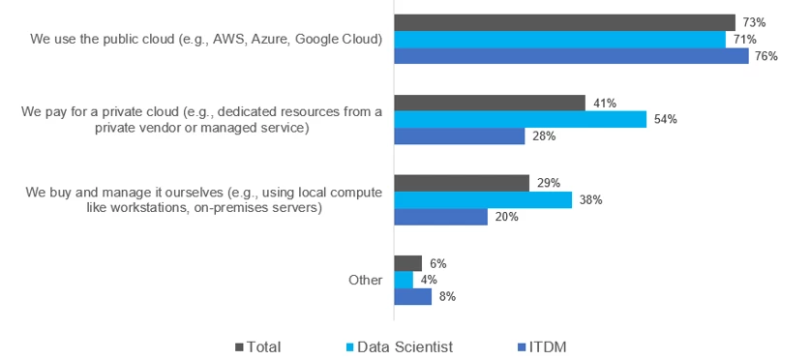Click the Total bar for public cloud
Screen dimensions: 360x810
tap(565, 22)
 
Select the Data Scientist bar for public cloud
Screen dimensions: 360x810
tap(560, 39)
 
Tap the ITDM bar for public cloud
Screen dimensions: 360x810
tap(571, 56)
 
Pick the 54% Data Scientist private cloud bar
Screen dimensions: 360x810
tap(521, 119)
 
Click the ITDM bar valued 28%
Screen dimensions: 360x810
tap(460, 136)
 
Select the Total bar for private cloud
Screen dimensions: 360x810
tap(490, 103)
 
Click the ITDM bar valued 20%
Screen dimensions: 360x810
tap(441, 217)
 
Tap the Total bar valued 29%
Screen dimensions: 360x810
tap(462, 183)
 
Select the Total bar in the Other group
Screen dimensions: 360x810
tap(408, 263)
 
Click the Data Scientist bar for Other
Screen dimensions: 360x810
tap(404, 280)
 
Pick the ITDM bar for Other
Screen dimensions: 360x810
tap(413, 297)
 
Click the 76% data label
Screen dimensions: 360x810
tap(765, 56)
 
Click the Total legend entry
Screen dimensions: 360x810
tap(264, 345)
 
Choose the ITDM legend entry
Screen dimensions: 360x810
tap(555, 345)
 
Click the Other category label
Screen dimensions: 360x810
tap(365, 280)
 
